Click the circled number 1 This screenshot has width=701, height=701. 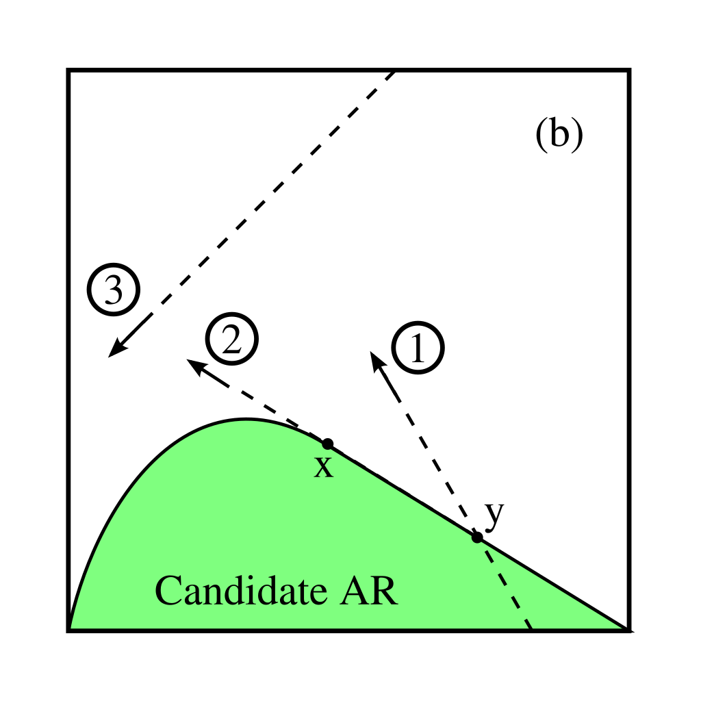pyautogui.click(x=418, y=348)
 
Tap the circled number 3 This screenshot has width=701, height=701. pyautogui.click(x=114, y=290)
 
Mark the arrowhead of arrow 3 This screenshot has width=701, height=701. pyautogui.click(x=113, y=353)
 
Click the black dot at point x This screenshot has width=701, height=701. pyautogui.click(x=327, y=444)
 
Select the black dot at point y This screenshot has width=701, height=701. pyautogui.click(x=477, y=537)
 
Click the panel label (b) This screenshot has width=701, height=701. pyautogui.click(x=559, y=135)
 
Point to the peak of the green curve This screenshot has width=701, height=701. pyautogui.click(x=248, y=419)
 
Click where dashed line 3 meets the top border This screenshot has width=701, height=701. pyautogui.click(x=396, y=71)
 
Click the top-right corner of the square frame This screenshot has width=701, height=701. pyautogui.click(x=628, y=71)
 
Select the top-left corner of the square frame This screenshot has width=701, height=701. pyautogui.click(x=68, y=71)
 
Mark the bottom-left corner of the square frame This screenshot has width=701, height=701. pyautogui.click(x=68, y=630)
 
